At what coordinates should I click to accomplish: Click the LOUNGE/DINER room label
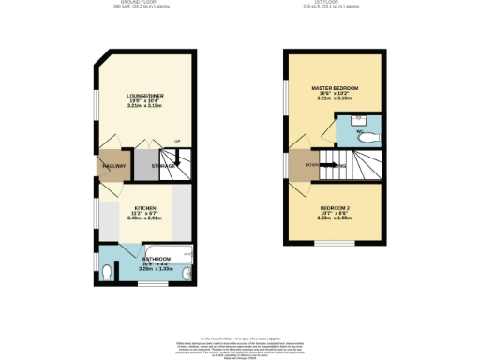click(x=144, y=96)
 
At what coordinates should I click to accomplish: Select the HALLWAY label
click(x=113, y=166)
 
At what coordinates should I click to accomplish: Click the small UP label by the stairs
click(x=175, y=142)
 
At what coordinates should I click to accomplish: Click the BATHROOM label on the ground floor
click(x=156, y=257)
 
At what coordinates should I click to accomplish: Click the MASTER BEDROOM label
click(x=335, y=87)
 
